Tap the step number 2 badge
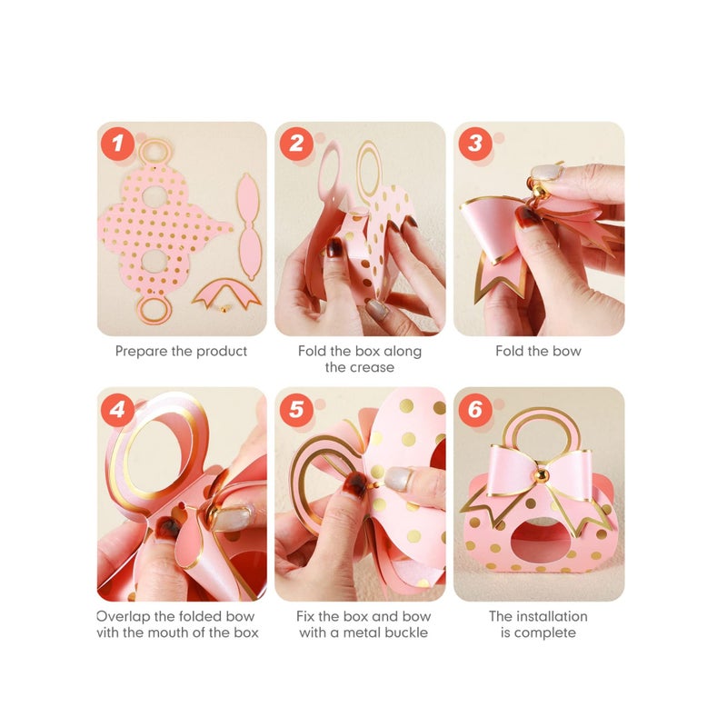[296, 144]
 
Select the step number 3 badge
[475, 144]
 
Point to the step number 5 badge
[296, 410]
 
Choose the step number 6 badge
[475, 410]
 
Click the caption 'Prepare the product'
[181, 351]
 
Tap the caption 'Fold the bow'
[538, 351]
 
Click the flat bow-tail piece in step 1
[226, 293]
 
